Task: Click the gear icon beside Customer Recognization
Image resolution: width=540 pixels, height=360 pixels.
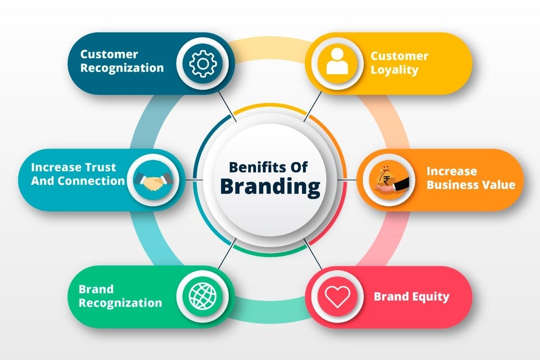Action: click(x=203, y=63)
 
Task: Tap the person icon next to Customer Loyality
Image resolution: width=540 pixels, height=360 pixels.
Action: click(x=337, y=62)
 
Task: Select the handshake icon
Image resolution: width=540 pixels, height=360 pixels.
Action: click(x=153, y=180)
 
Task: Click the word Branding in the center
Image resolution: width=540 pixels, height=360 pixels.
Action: click(x=270, y=186)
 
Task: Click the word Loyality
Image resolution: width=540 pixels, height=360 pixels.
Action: click(x=394, y=70)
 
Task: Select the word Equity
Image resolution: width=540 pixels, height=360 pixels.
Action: click(x=430, y=297)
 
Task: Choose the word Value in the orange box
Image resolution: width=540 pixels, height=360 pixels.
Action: click(x=500, y=184)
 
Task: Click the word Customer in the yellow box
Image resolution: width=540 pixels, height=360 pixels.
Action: click(x=399, y=56)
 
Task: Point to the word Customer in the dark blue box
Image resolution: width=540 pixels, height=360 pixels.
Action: click(x=109, y=54)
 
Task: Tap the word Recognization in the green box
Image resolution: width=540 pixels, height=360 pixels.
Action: click(x=120, y=303)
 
